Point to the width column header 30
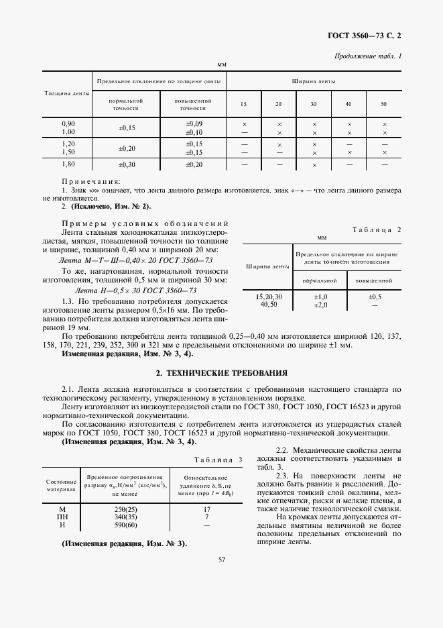pyautogui.click(x=314, y=104)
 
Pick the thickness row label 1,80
pyautogui.click(x=68, y=164)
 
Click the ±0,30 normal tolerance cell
pyautogui.click(x=127, y=164)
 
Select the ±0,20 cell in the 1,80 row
pyautogui.click(x=194, y=164)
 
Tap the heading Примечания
pyautogui.click(x=90, y=181)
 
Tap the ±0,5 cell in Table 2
pyautogui.click(x=375, y=297)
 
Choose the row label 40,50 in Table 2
pyautogui.click(x=269, y=304)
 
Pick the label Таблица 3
pyautogui.click(x=218, y=459)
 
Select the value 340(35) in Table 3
pyautogui.click(x=126, y=517)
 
